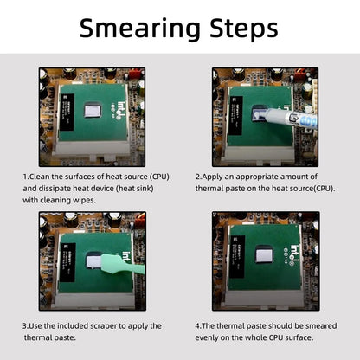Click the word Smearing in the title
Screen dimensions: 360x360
139,29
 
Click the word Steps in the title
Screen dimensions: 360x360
244,28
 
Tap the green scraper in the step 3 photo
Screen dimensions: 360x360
121,265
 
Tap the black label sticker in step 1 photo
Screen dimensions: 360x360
67,112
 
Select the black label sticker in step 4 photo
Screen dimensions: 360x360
237,256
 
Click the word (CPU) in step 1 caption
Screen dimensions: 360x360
159,177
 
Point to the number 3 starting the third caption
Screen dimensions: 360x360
25,326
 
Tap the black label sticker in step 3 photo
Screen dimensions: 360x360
67,262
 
